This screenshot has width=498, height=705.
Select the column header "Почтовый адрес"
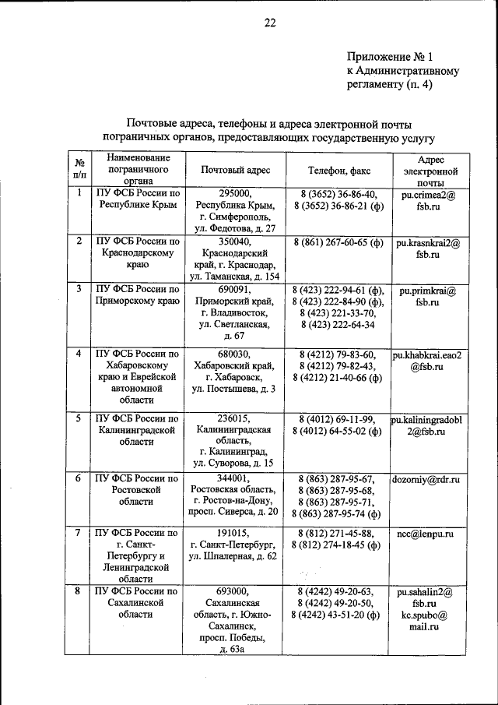tap(235, 169)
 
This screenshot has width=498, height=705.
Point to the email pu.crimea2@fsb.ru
tap(428, 202)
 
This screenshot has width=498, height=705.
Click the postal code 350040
tap(235, 241)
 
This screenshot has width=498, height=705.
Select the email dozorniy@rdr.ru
tap(427, 479)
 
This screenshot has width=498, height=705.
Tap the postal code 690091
tap(235, 289)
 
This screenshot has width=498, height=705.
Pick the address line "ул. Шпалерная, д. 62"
tap(235, 558)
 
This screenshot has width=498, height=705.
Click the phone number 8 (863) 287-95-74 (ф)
tap(338, 513)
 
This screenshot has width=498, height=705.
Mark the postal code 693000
tap(235, 591)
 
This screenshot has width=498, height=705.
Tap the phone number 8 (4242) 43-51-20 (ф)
tap(337, 615)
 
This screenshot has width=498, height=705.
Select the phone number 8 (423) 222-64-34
tap(337, 324)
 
